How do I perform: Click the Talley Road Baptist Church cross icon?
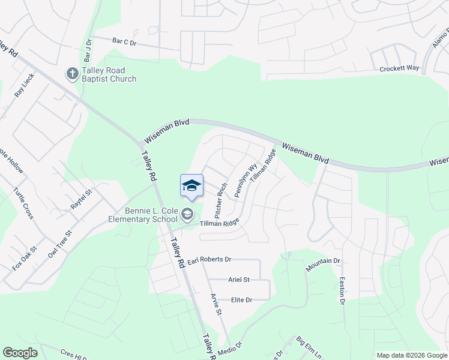click(x=71, y=73)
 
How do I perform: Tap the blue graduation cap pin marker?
click(x=191, y=185)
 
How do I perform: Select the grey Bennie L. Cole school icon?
click(x=187, y=214)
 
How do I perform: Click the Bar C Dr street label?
click(x=125, y=42)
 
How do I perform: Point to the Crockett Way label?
click(x=399, y=68)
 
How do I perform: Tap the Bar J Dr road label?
click(x=88, y=50)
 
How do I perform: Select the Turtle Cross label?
click(x=23, y=203)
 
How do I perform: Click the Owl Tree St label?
click(x=60, y=244)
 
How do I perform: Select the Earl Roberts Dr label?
click(x=209, y=260)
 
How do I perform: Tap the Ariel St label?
click(x=238, y=280)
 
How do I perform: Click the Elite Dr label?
click(x=241, y=299)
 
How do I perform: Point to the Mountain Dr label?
click(x=322, y=265)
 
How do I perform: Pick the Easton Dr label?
click(x=342, y=290)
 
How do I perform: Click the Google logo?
click(x=20, y=353)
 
